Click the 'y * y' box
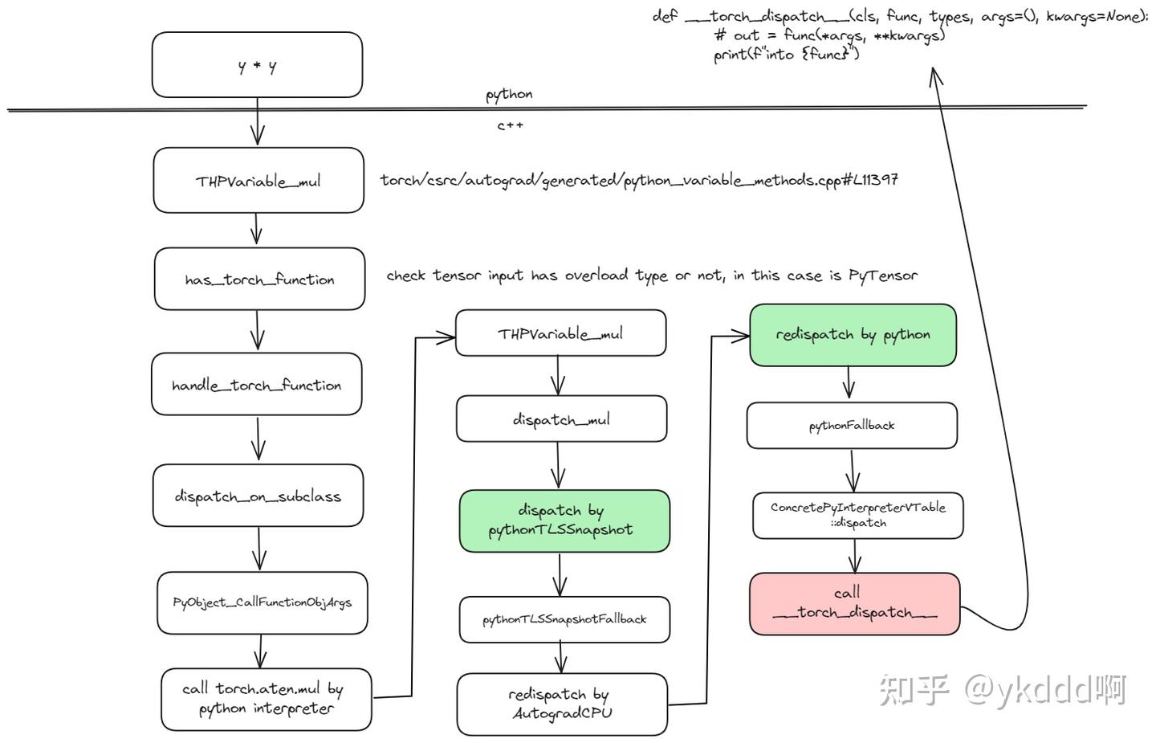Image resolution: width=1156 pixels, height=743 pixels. click(x=257, y=65)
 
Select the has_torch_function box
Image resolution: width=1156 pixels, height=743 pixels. click(x=259, y=279)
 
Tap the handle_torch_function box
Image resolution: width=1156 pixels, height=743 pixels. click(x=257, y=385)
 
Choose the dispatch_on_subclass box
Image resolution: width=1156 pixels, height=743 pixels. click(x=258, y=496)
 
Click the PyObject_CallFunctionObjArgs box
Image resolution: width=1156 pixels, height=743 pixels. click(x=262, y=602)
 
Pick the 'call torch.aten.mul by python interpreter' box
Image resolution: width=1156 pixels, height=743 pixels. click(x=266, y=699)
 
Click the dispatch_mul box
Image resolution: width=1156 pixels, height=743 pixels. click(x=561, y=418)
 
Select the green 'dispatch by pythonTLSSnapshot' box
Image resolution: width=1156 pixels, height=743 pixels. click(x=564, y=521)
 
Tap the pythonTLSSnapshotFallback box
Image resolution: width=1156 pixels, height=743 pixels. click(x=564, y=619)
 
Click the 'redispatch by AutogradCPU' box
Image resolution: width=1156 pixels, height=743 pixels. click(x=561, y=704)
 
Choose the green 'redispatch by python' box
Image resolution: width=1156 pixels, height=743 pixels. click(x=853, y=335)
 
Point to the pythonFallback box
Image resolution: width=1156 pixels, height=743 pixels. click(x=852, y=425)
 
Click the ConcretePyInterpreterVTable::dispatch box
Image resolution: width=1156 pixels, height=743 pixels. click(x=857, y=515)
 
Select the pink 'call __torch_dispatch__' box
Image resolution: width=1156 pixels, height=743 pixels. click(x=854, y=603)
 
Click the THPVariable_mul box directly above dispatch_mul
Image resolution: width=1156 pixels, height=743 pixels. click(x=560, y=333)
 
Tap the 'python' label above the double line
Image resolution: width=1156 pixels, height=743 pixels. click(x=509, y=94)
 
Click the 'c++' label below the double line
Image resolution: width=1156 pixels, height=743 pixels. click(x=510, y=125)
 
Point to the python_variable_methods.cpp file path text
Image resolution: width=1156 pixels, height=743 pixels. click(x=639, y=180)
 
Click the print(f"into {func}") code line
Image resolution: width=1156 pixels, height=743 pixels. click(x=786, y=55)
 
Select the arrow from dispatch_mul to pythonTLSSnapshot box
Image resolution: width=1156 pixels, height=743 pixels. click(x=559, y=465)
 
